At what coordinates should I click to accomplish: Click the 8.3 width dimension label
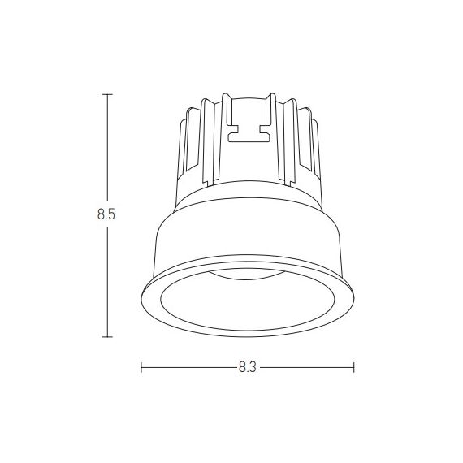[x=248, y=367]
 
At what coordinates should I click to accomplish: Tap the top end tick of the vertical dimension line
[x=107, y=94]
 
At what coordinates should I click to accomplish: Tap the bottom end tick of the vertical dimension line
[x=107, y=336]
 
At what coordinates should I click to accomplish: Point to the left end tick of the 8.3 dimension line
[x=141, y=367]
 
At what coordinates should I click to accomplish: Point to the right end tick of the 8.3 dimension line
[x=353, y=367]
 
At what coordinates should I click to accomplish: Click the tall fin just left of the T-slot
[x=219, y=138]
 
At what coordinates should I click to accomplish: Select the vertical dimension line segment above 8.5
[x=107, y=150]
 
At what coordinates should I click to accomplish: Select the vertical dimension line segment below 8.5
[x=107, y=280]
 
